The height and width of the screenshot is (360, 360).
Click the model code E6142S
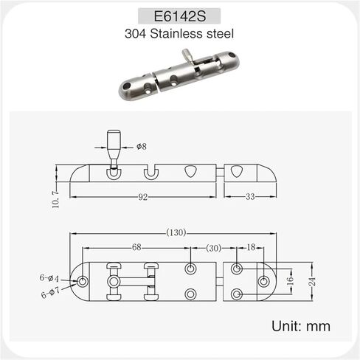pyautogui.click(x=179, y=16)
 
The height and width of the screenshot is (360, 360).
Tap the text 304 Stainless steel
pyautogui.click(x=179, y=33)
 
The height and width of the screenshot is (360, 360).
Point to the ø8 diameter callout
pyautogui.click(x=142, y=147)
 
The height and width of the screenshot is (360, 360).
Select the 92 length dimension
pyautogui.click(x=142, y=197)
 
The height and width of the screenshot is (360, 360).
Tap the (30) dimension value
pyautogui.click(x=213, y=248)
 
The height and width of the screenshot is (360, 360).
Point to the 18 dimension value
pyautogui.click(x=251, y=248)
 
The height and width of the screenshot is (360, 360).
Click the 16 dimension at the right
pyautogui.click(x=291, y=281)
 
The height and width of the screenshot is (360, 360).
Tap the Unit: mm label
pyautogui.click(x=301, y=325)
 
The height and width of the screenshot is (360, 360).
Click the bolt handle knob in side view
pyautogui.click(x=114, y=141)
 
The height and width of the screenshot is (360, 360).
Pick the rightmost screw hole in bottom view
pyautogui.click(x=263, y=281)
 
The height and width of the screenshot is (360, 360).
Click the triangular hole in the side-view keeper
pyautogui.click(x=237, y=172)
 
